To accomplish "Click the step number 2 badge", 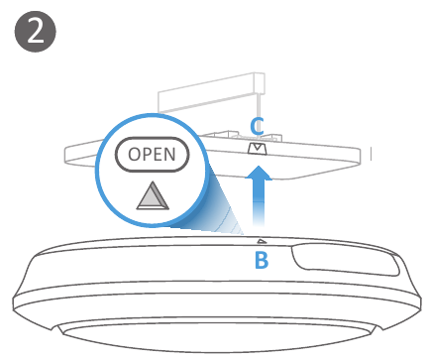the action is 36,32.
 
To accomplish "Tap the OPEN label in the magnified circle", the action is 152,155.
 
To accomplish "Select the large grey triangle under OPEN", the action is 153,195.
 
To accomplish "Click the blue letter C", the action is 257,126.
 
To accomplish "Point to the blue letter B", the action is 262,260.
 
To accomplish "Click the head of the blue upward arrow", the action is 259,174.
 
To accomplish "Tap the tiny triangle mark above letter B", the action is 262,241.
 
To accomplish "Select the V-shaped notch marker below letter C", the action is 257,149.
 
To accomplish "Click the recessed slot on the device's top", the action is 345,259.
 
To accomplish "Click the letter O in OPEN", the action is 135,155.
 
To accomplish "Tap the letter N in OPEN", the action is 169,155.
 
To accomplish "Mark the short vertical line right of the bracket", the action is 372,154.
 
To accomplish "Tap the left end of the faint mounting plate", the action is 66,156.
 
